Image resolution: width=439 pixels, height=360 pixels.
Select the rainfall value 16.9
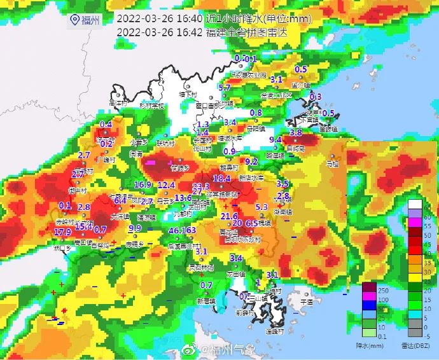point(143,185)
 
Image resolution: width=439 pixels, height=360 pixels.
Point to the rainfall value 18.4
point(221,179)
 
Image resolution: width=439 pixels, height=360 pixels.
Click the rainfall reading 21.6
point(229,216)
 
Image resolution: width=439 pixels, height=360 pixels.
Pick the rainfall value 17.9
point(62,232)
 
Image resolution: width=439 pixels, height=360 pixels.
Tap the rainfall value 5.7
point(225,88)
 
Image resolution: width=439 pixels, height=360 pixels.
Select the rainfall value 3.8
point(296,132)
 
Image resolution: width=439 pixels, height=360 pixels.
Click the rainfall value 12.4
point(166,185)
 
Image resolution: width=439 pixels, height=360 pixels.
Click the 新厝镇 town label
point(206,300)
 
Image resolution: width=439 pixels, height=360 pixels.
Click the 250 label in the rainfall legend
point(384,289)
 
